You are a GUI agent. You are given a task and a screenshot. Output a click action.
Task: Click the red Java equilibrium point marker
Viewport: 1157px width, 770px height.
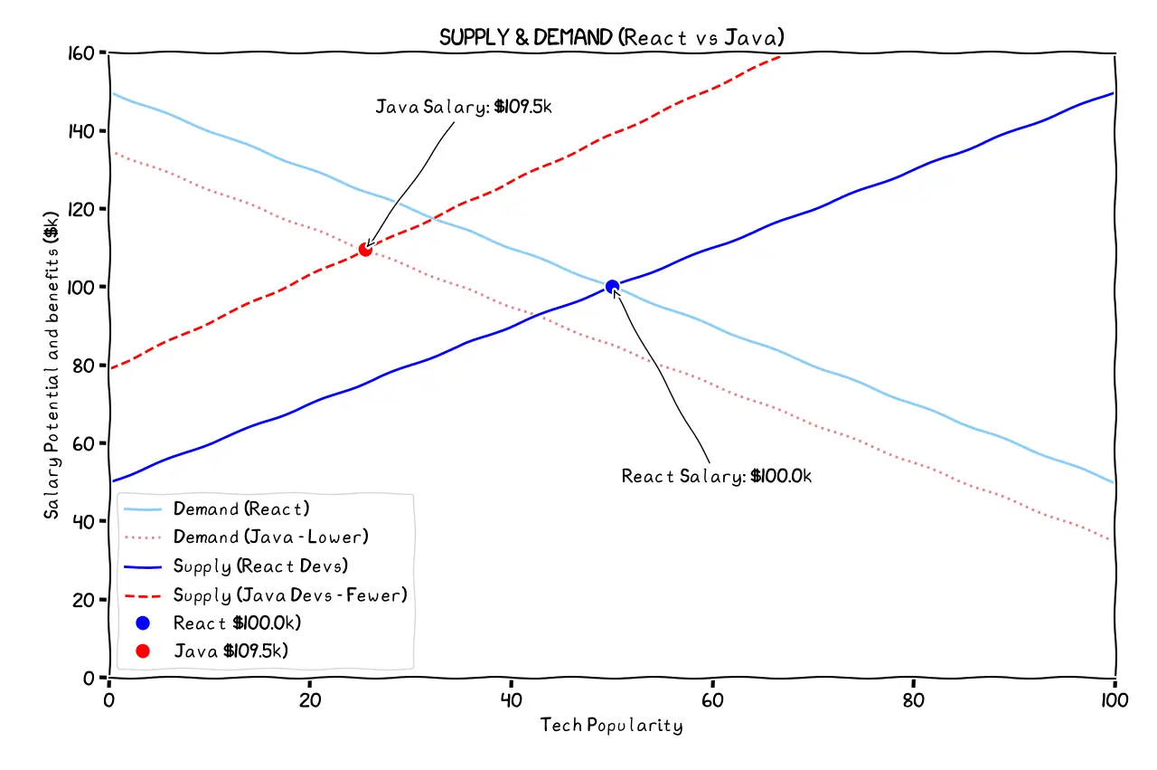(x=365, y=249)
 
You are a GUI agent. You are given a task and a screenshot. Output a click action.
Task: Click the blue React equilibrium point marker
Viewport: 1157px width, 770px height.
(x=612, y=287)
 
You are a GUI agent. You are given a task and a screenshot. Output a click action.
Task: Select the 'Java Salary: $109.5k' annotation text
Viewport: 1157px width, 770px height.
(x=463, y=108)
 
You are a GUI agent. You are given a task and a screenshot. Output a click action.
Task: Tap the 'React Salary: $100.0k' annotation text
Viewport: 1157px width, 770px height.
(x=716, y=476)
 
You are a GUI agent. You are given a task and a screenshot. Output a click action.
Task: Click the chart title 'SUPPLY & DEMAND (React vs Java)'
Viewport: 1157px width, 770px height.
(x=611, y=37)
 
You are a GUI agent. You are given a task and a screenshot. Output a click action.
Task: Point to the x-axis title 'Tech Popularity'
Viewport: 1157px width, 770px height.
(x=611, y=726)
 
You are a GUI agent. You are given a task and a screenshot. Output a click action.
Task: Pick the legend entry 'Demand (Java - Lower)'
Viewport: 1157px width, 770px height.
(x=270, y=537)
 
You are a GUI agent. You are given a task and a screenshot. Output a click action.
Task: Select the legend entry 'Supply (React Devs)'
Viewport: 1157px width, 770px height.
(x=260, y=566)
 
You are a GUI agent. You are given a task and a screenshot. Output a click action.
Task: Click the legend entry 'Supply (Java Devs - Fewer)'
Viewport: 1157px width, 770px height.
(x=289, y=594)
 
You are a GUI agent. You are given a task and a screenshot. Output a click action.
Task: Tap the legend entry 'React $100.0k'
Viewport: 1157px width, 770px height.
(x=237, y=623)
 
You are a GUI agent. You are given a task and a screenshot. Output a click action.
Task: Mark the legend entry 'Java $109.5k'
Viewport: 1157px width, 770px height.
(x=230, y=651)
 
